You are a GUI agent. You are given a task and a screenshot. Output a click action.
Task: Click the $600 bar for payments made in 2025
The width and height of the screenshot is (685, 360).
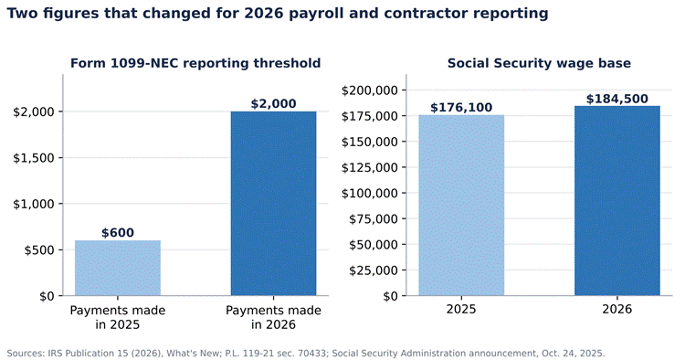point(118,268)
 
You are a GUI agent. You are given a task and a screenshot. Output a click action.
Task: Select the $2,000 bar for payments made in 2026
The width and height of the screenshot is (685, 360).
point(273,204)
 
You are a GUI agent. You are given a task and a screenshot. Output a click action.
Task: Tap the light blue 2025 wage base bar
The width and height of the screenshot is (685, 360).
point(461,206)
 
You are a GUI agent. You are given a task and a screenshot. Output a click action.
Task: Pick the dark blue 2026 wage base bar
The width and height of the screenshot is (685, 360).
point(617,201)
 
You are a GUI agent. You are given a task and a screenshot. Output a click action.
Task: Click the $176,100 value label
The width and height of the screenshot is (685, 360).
point(461,108)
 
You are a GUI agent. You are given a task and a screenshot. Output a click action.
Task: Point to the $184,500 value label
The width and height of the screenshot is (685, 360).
point(617,99)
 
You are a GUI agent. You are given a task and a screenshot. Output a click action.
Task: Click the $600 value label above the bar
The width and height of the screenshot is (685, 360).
point(118,233)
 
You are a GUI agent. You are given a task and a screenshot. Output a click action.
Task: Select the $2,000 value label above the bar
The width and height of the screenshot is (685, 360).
point(273,104)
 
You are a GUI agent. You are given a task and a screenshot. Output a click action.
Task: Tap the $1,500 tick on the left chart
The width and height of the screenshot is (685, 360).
point(34,158)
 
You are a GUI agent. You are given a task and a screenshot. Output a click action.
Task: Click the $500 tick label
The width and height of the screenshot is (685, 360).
point(39,250)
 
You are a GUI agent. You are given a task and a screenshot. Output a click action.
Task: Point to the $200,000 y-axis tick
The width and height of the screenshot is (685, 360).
point(370,90)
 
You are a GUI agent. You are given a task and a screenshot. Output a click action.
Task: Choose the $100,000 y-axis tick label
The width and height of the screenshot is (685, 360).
point(370,193)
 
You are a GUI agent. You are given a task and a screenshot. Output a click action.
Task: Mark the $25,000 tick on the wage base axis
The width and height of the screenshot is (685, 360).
point(374,270)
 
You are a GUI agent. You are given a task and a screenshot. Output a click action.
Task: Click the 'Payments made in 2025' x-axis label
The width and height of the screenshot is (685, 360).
point(118,318)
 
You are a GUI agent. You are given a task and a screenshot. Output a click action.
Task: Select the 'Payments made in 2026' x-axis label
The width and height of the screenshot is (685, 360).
point(273,318)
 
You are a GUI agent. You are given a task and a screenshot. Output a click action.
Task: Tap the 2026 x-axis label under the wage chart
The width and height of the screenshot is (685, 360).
point(617,310)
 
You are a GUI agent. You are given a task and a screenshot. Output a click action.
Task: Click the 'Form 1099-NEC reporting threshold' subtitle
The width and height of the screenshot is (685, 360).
point(195,63)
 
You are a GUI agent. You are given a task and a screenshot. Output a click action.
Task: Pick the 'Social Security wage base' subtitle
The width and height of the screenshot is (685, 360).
point(539,63)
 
